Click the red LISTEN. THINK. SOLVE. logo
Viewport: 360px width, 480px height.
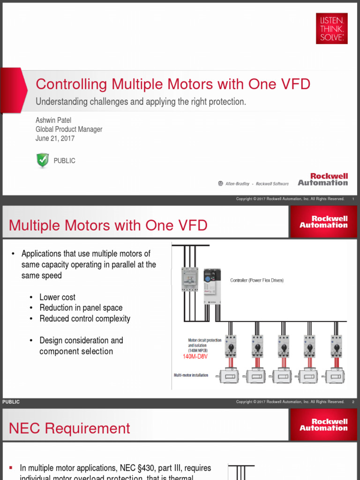331,29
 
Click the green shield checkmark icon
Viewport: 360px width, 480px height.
43,160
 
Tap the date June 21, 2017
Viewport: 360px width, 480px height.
55,138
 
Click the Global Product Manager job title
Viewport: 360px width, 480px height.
69,129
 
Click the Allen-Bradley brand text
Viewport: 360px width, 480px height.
237,184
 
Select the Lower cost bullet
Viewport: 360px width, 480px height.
57,297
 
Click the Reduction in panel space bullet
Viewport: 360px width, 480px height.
81,308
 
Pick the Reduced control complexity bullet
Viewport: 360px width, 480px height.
85,319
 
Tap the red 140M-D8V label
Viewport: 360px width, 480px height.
195,356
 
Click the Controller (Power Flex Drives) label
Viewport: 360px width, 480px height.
256,280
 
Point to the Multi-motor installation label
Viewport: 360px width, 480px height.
191,375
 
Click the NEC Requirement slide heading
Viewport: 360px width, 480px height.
69,428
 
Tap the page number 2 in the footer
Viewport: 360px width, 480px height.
353,402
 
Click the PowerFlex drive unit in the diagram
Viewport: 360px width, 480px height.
212,286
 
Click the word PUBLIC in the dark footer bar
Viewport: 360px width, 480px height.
11,402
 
